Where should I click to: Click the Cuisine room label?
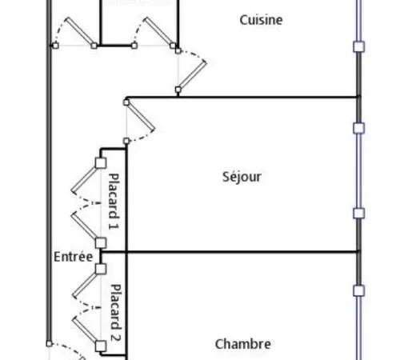click(261, 20)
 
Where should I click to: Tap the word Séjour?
click(242, 177)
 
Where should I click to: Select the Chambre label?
click(243, 344)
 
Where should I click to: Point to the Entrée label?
click(74, 257)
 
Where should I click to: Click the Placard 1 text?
click(114, 202)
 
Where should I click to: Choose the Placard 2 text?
click(115, 313)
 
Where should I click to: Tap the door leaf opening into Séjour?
click(141, 118)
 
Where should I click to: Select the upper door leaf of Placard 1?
click(86, 178)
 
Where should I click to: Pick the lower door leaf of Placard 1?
click(86, 226)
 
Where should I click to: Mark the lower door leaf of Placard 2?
click(86, 330)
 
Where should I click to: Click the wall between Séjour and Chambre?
click(230, 251)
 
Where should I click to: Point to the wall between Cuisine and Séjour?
click(242, 97)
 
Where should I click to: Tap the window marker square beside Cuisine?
click(359, 46)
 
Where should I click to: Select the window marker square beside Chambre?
click(359, 290)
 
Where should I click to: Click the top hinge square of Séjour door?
click(126, 102)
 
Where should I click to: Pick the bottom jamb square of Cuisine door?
click(178, 90)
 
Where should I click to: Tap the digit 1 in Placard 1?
click(114, 226)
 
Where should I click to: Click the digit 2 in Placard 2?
click(115, 338)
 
